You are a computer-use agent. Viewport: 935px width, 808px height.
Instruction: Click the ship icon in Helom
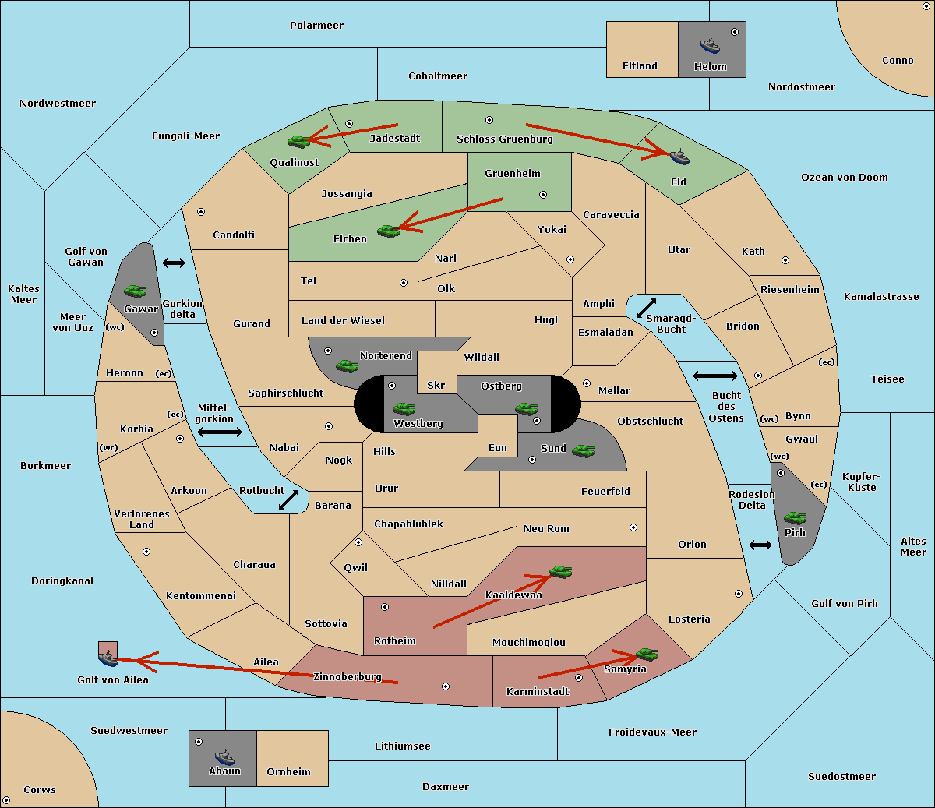click(x=710, y=45)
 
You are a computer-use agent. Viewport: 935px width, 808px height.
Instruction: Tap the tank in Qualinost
click(x=299, y=142)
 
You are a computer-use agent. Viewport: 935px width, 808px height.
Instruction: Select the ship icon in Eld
click(x=679, y=157)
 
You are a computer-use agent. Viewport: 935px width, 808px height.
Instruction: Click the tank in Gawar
click(x=136, y=291)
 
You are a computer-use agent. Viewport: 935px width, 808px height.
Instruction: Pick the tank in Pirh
click(x=795, y=518)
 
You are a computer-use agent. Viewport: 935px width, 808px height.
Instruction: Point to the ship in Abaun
click(x=224, y=757)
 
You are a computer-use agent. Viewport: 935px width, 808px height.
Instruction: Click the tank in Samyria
click(x=647, y=655)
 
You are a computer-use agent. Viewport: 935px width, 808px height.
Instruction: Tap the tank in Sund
click(x=583, y=450)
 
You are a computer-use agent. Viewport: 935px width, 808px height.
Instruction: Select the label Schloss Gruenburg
click(x=504, y=139)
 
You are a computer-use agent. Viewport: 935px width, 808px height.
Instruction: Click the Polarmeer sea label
click(x=316, y=26)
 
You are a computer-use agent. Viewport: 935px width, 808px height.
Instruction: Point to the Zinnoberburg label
click(x=348, y=676)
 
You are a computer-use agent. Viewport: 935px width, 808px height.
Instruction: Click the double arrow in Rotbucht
click(x=288, y=499)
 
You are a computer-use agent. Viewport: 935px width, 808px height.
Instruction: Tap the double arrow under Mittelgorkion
click(x=220, y=432)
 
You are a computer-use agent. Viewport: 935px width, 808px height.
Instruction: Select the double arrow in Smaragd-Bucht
click(x=646, y=308)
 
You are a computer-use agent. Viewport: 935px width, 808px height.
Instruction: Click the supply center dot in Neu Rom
click(x=633, y=527)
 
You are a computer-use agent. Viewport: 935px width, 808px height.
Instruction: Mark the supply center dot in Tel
click(x=404, y=283)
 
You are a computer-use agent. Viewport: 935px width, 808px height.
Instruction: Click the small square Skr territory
click(x=436, y=372)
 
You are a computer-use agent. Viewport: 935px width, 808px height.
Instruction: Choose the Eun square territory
click(x=498, y=436)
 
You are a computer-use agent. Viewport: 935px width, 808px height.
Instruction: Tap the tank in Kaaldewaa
click(x=560, y=572)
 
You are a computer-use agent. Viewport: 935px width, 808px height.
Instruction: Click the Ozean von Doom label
click(x=844, y=178)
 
